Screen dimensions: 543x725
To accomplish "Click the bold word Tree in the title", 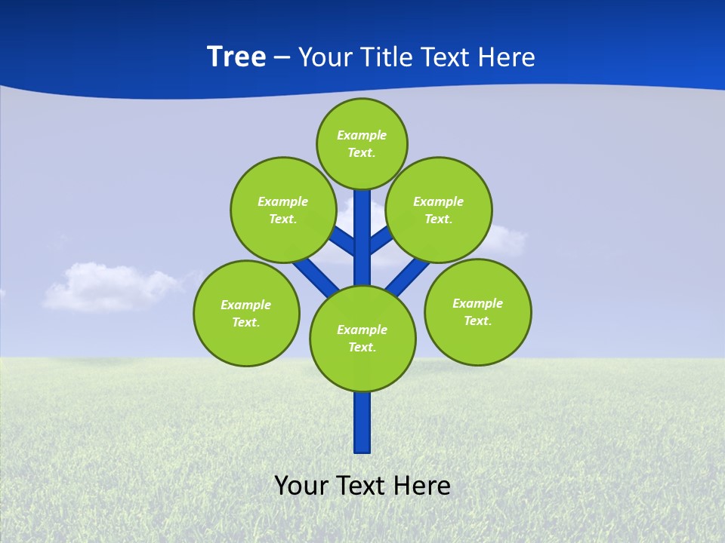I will tap(236, 57).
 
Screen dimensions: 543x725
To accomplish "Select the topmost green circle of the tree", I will tap(362, 143).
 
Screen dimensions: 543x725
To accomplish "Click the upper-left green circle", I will tap(282, 210).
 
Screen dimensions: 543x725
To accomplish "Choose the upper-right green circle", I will tap(439, 210).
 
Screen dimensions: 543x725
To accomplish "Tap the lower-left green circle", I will tap(246, 313).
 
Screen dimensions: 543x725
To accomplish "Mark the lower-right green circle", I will tap(477, 311).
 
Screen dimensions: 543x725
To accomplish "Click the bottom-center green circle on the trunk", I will tap(362, 338).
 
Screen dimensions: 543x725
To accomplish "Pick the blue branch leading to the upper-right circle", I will tap(381, 239).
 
